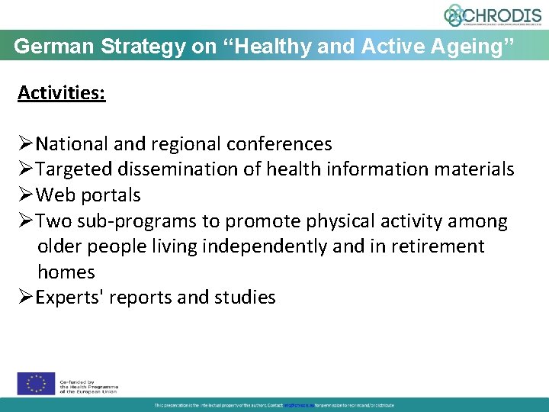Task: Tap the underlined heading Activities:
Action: click(62, 93)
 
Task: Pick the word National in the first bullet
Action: click(73, 143)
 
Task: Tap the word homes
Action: click(66, 272)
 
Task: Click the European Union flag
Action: click(36, 384)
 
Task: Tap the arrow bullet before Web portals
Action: click(26, 195)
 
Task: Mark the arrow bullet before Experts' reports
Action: click(26, 298)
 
